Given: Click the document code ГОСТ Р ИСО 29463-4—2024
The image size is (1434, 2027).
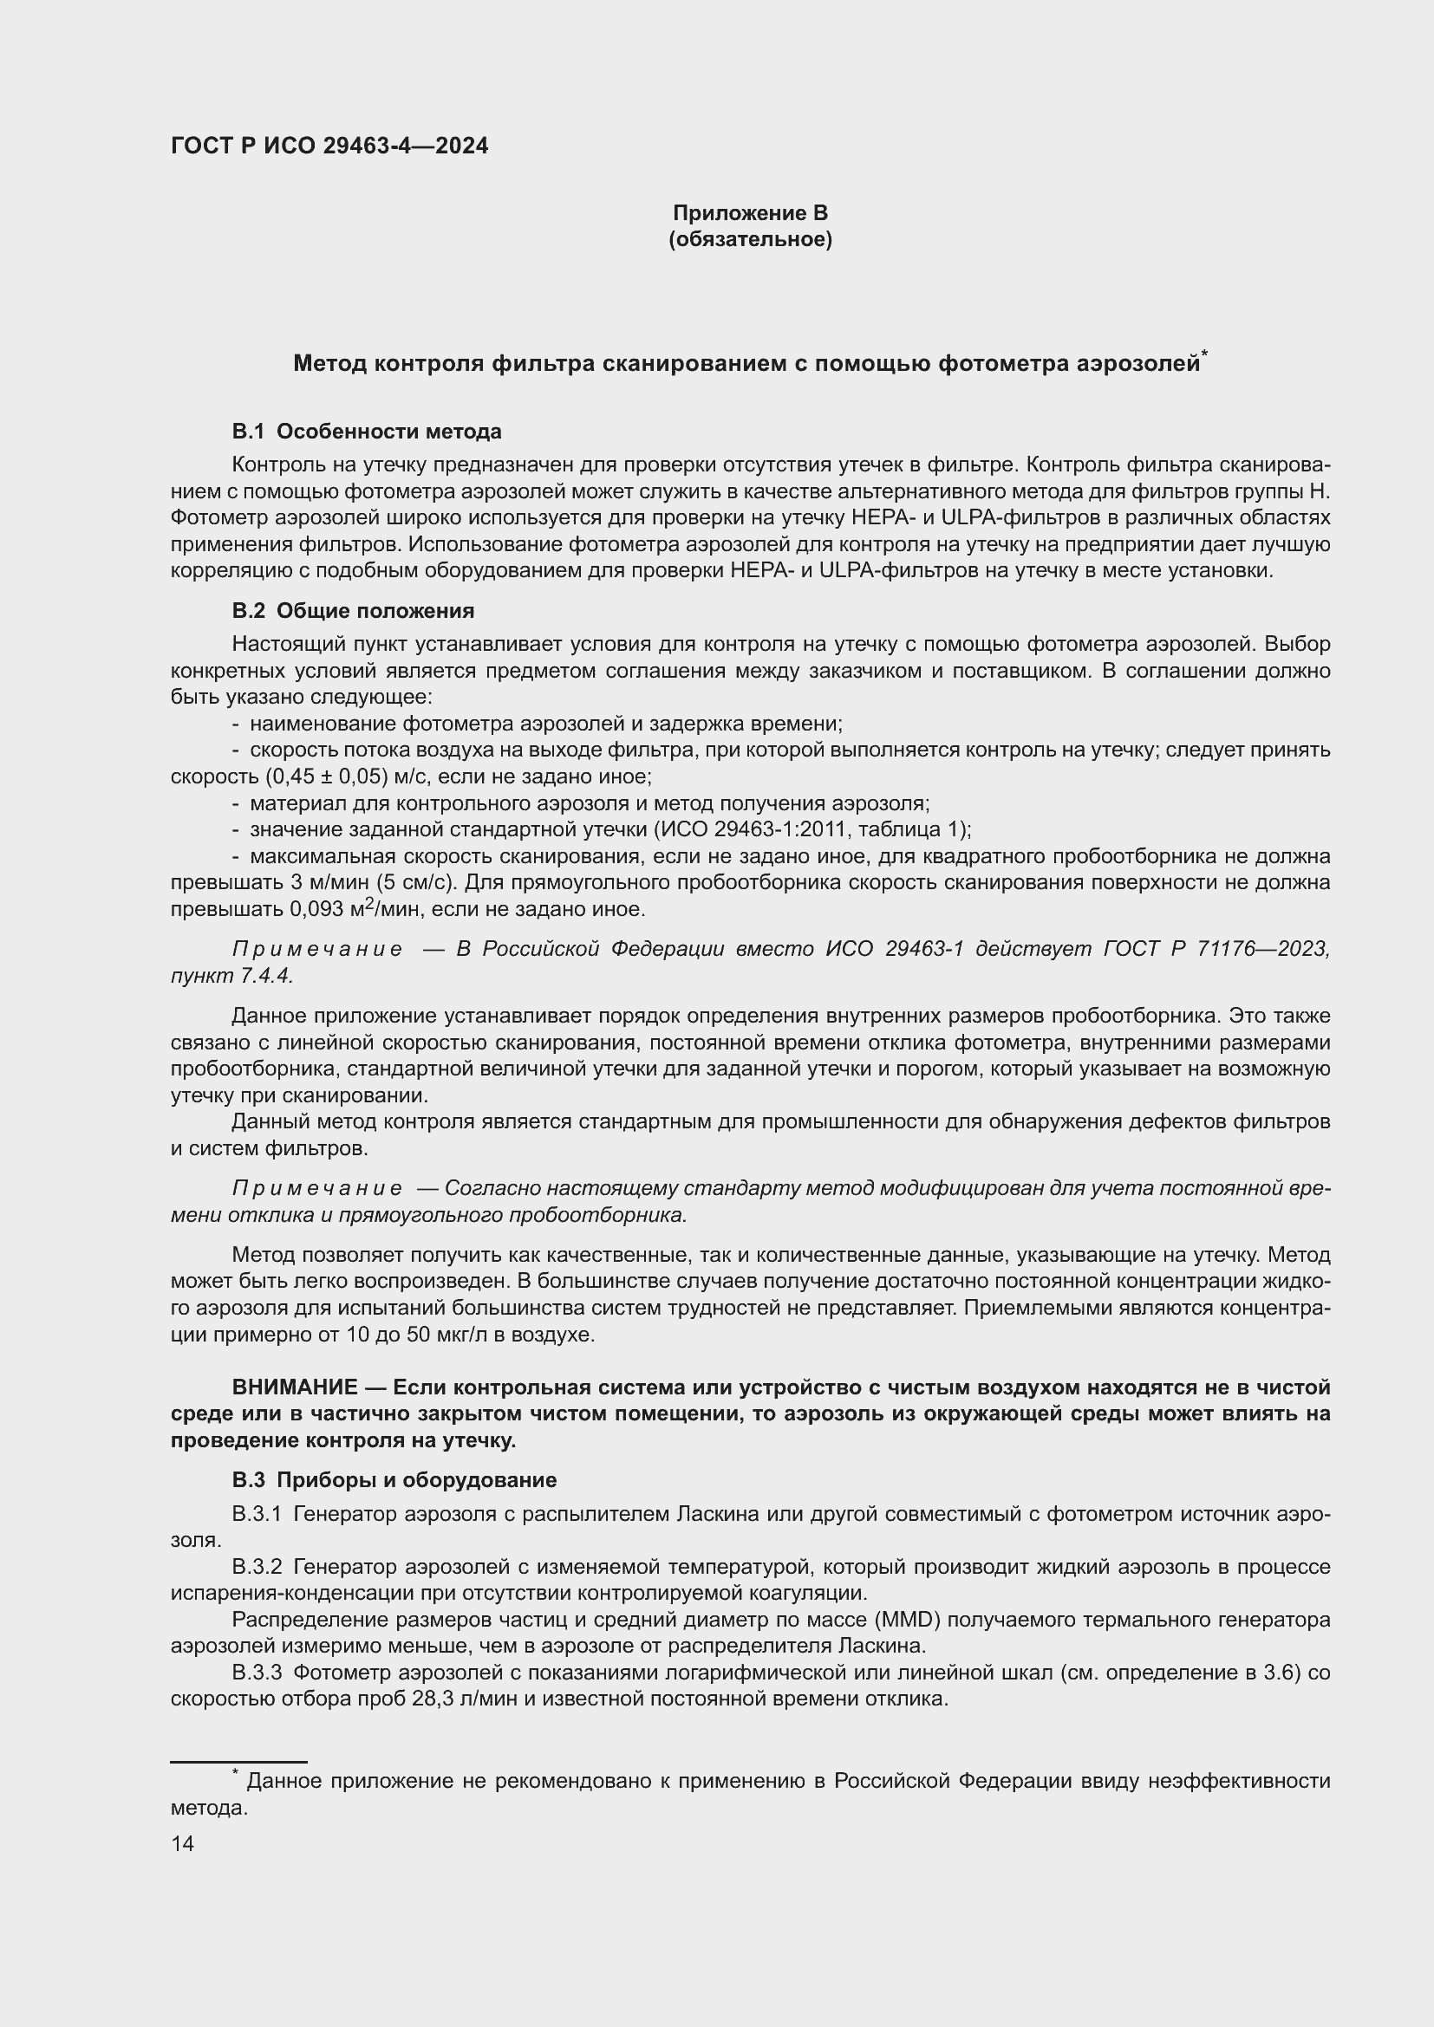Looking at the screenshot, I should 329,146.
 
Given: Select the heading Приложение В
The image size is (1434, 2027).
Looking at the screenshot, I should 750,213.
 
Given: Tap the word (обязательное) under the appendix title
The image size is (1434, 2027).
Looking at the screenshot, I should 750,239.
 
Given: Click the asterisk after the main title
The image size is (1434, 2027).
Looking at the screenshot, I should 1203,354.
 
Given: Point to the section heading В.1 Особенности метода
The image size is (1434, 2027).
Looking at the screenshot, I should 367,432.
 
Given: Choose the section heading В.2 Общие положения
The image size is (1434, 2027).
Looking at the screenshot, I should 353,611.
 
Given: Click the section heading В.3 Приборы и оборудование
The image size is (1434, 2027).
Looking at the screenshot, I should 394,1479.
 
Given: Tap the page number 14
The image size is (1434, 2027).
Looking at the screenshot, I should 182,1843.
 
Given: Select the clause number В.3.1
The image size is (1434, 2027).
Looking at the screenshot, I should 256,1514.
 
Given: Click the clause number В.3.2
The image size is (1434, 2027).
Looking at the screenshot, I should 256,1567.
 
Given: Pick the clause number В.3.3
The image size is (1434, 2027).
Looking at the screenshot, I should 256,1673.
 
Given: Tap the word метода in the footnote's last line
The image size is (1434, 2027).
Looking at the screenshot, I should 207,1808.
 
